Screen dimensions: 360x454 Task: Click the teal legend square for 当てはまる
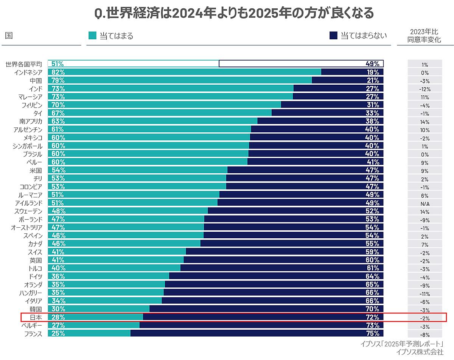coord(93,36)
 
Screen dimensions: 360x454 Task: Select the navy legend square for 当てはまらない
coord(333,36)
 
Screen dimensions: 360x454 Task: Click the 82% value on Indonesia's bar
coord(58,72)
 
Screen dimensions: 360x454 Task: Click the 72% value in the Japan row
coord(372,317)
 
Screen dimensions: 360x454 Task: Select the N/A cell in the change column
coord(424,204)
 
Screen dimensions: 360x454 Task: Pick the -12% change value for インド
coord(424,89)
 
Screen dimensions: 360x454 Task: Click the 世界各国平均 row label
coord(23,64)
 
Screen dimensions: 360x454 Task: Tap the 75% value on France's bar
coord(372,334)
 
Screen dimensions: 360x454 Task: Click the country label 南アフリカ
coord(31,121)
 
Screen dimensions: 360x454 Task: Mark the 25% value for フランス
coord(58,334)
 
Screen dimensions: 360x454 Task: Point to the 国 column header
coord(9,36)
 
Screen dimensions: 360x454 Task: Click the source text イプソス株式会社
coord(419,352)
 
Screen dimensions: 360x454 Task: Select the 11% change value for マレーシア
coord(424,97)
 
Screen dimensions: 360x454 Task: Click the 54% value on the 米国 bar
coord(58,170)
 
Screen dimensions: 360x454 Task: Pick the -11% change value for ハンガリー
coord(424,294)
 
